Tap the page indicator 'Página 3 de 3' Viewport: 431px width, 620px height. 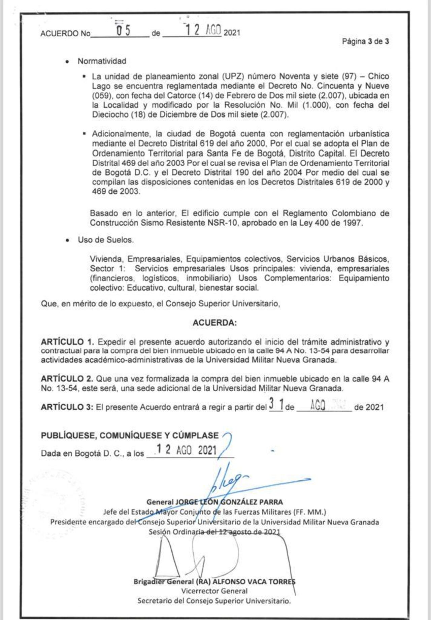365,41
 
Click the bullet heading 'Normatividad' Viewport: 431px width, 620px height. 102,61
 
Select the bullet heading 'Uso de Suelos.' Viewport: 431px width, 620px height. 106,240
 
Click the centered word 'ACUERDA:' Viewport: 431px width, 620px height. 214,323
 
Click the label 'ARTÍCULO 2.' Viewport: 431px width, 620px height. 67,379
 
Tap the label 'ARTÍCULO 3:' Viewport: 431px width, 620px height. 67,407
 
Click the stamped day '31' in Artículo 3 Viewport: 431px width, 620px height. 276,404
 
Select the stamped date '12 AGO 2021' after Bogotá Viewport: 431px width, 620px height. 186,450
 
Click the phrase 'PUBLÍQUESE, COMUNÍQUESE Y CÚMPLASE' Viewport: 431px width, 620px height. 130,435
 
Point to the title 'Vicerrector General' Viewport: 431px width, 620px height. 214,591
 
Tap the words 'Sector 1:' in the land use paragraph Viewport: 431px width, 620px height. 107,269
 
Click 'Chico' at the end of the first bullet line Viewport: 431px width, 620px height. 378,76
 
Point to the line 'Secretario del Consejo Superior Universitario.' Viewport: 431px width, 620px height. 214,601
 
